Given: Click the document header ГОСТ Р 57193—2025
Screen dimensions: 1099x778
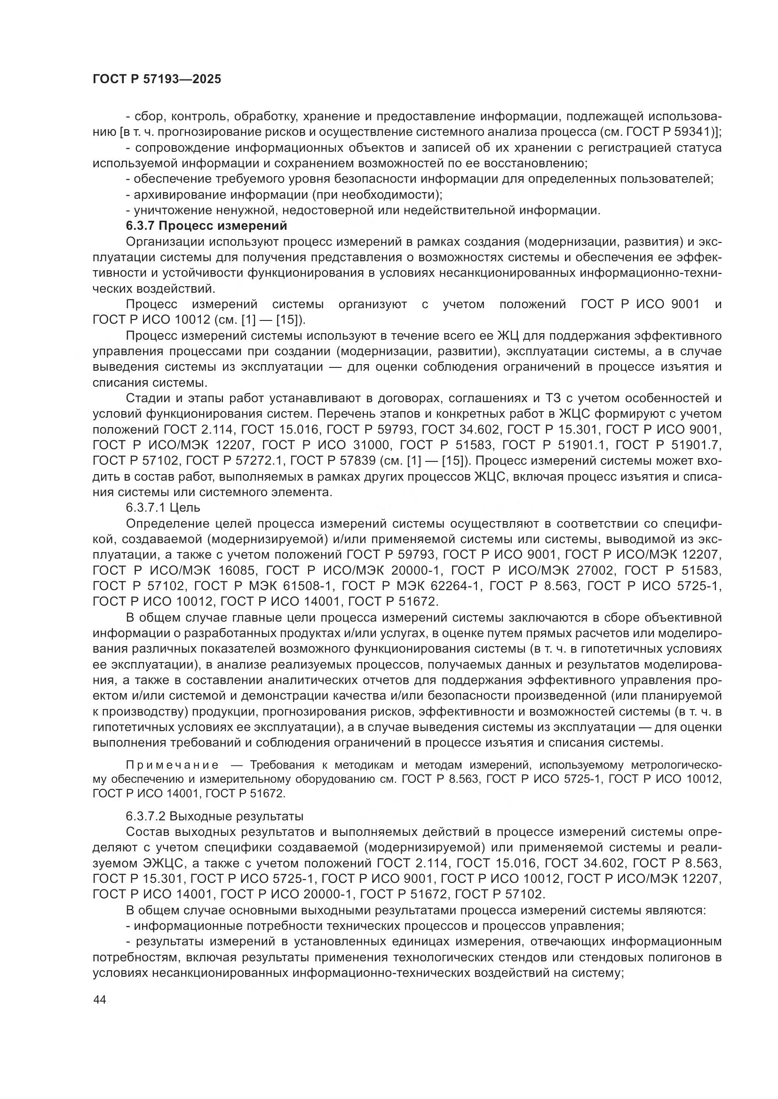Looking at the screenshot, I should tap(157, 79).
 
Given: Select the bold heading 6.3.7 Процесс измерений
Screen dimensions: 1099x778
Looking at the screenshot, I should tap(206, 226).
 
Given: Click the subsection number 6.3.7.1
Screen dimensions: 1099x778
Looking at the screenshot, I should tap(144, 507).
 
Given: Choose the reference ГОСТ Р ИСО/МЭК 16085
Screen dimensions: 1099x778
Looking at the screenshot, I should tap(172, 570).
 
